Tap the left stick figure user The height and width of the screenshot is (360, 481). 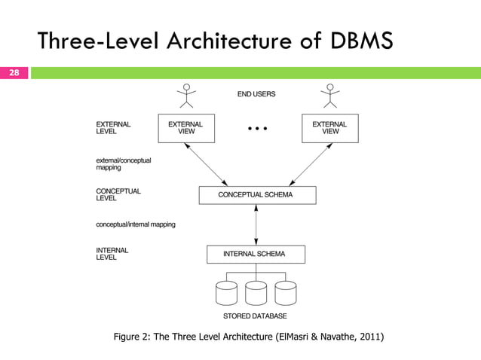tap(185, 95)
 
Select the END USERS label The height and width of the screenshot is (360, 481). tap(257, 94)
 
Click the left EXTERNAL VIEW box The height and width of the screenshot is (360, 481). tap(185, 127)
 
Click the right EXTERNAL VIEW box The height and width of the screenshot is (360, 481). tap(329, 127)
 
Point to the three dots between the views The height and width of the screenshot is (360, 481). tap(258, 129)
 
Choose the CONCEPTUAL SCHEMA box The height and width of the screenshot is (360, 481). tap(257, 195)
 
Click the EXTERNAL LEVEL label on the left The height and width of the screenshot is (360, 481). tap(114, 127)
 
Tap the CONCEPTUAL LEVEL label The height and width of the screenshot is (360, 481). tap(117, 194)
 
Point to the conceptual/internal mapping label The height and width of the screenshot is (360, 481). tap(136, 224)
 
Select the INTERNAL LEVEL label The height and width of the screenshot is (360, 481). tap(112, 254)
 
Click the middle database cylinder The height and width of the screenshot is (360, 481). tap(256, 293)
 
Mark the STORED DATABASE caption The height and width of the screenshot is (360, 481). tap(255, 316)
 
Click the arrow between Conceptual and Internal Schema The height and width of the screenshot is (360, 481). tap(257, 224)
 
